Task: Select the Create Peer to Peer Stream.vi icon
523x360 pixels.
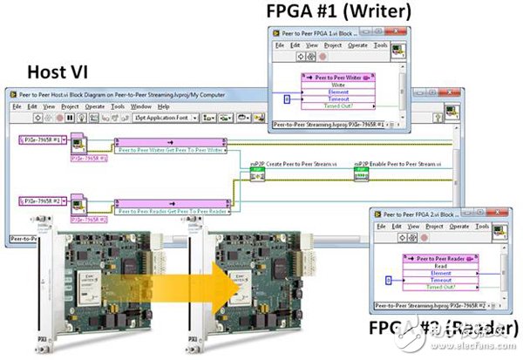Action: [256, 177]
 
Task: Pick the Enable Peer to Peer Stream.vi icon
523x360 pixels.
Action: [361, 177]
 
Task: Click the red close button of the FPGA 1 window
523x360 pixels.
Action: [404, 32]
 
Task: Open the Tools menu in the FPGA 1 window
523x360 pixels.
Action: [381, 45]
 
